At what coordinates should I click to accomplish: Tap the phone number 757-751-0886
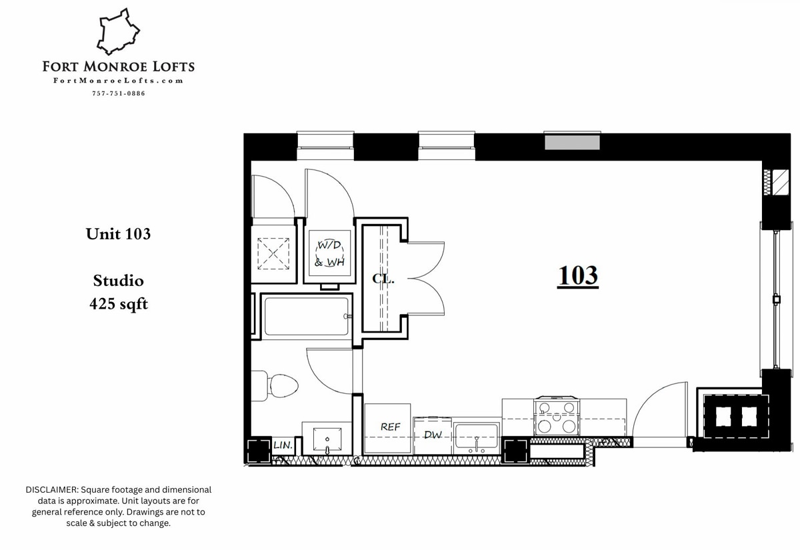118,93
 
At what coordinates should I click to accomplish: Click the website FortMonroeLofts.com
118,81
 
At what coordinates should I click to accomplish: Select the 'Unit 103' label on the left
118,234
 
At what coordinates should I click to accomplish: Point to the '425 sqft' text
118,304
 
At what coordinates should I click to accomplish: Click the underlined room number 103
577,275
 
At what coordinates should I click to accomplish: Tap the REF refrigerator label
390,427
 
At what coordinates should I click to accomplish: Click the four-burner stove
557,416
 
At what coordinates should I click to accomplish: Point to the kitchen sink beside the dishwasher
476,437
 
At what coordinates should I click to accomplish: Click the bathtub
306,317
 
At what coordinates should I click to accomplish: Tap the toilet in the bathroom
279,385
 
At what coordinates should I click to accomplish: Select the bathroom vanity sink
326,438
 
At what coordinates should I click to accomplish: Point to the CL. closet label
383,279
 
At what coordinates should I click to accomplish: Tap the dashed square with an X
273,253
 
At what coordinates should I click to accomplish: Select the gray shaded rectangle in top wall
572,142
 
